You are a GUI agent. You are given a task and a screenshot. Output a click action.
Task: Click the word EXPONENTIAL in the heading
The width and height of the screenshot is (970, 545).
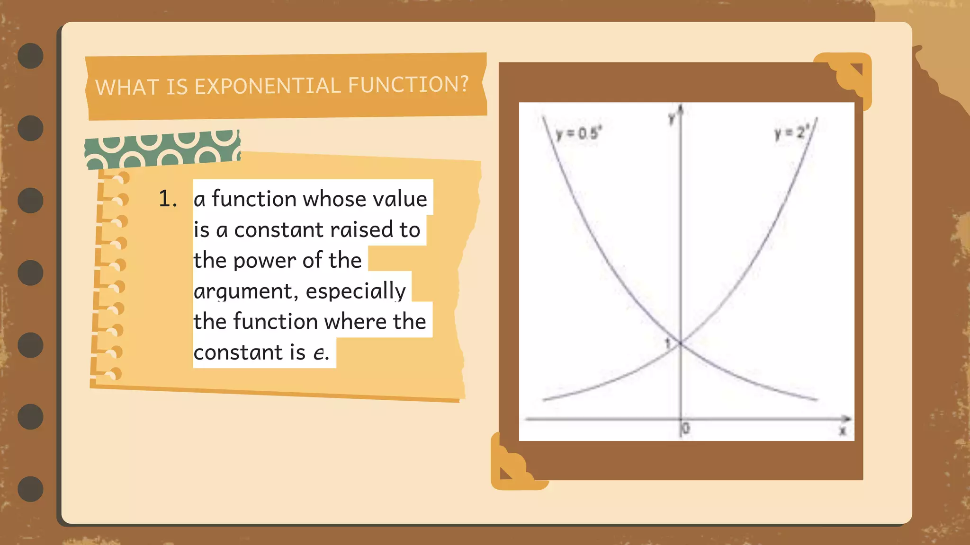(268, 86)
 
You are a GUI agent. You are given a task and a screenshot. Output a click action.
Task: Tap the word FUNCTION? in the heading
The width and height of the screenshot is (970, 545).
(408, 85)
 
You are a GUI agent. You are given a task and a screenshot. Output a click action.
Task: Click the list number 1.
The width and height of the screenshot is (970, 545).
(167, 199)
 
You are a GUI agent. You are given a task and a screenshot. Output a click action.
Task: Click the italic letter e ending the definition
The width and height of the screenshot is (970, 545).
(320, 353)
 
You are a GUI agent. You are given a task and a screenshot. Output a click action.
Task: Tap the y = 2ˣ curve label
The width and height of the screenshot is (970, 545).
(790, 132)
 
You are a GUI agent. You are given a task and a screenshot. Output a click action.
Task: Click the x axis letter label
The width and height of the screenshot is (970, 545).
(843, 431)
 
